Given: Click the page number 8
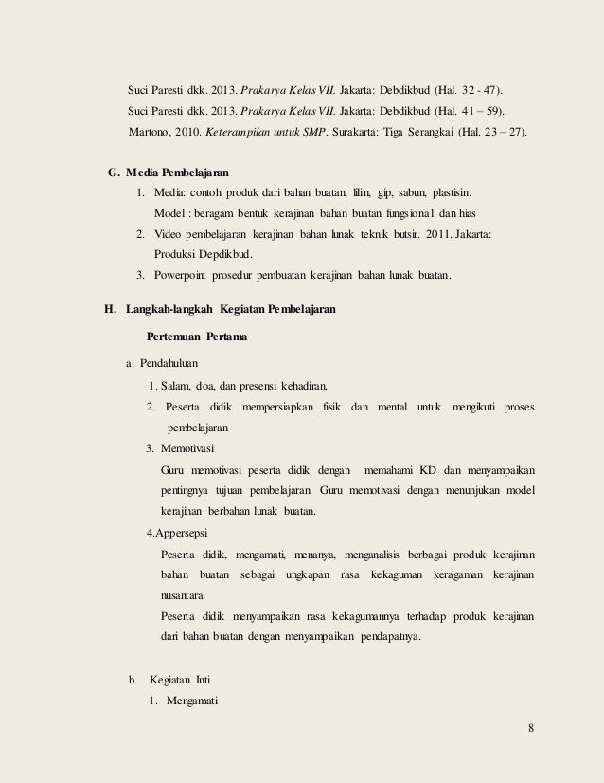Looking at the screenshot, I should [531, 728].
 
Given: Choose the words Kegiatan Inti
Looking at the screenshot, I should [181, 680].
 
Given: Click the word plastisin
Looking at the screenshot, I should [452, 192].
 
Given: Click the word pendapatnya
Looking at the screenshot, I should [389, 637].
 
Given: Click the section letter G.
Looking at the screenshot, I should [114, 173].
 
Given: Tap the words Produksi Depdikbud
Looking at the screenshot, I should [203, 254].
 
